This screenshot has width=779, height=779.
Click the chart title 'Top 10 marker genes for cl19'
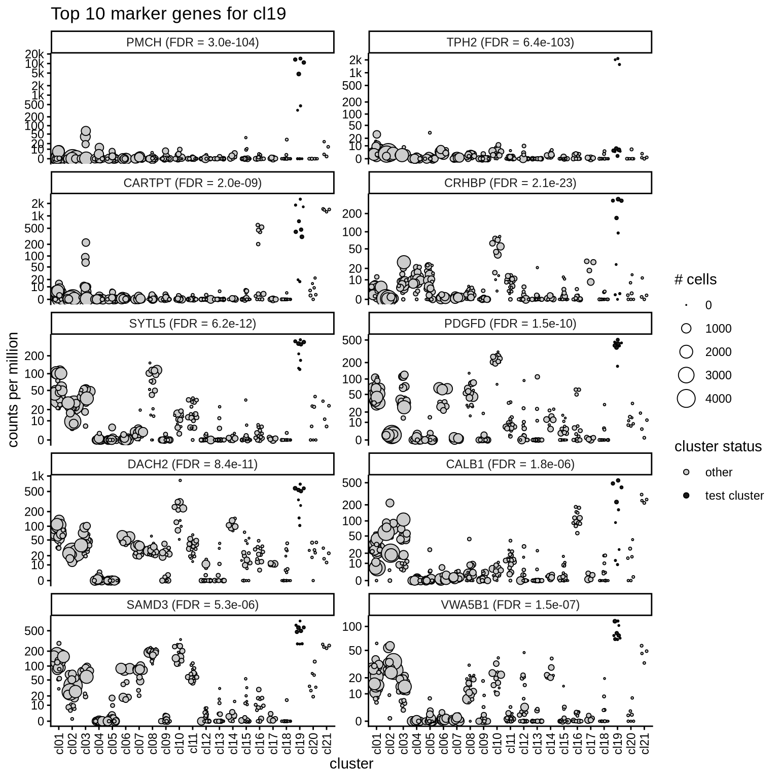[x=168, y=14]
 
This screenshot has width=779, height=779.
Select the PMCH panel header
[x=192, y=42]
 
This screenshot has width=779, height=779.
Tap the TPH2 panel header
[x=510, y=42]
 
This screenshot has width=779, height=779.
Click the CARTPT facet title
[x=192, y=183]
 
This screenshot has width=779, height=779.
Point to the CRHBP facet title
[x=510, y=183]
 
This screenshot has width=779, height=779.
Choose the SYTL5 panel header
[x=192, y=324]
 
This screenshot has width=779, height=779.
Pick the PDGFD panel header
[x=510, y=324]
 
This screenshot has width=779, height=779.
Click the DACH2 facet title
[x=192, y=464]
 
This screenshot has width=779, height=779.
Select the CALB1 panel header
[x=510, y=464]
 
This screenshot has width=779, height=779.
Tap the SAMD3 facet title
[x=192, y=605]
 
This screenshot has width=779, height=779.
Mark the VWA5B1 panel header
[x=510, y=605]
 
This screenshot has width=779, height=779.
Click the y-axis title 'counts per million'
[x=14, y=389]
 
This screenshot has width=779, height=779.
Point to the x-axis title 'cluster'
[x=351, y=764]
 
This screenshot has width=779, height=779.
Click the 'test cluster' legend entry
[x=734, y=495]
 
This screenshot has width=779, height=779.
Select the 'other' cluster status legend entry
[x=719, y=472]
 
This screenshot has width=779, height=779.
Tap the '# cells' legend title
[x=695, y=279]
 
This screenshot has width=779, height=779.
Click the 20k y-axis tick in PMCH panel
[x=38, y=54]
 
